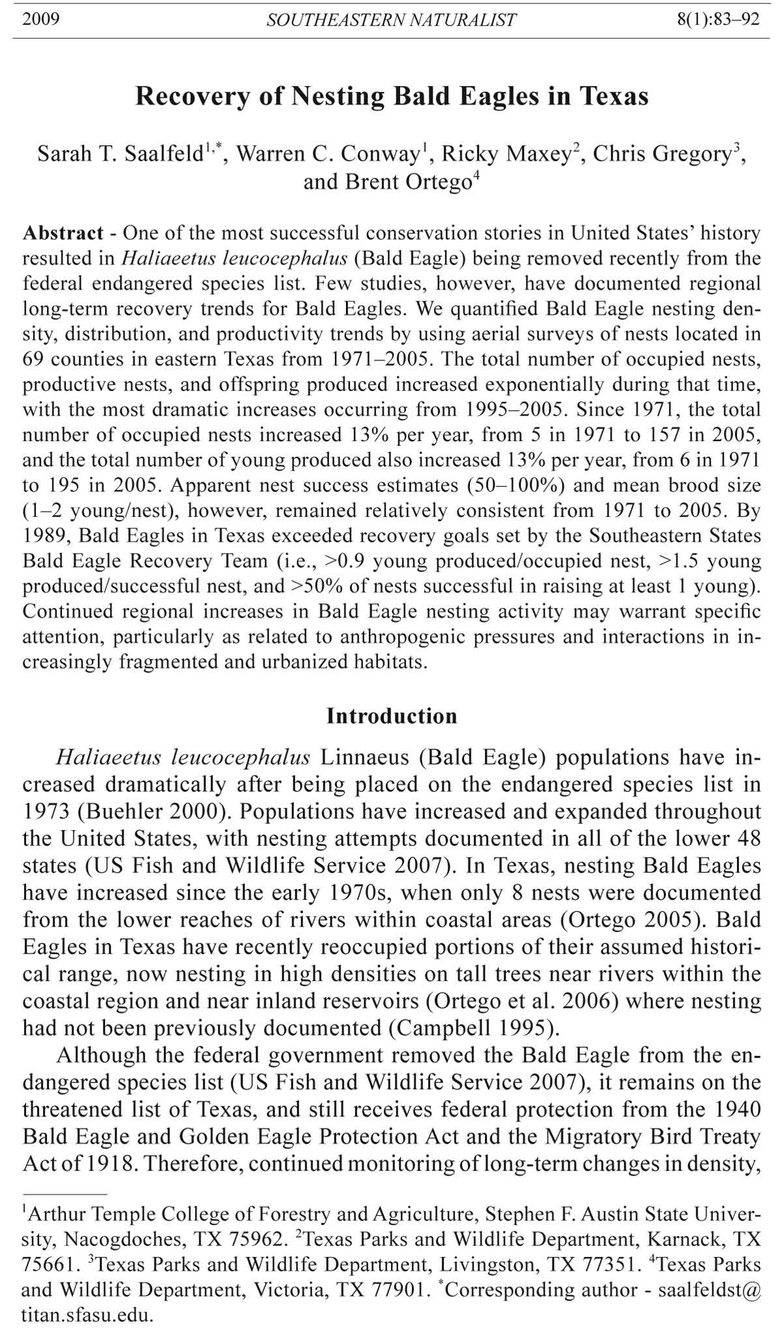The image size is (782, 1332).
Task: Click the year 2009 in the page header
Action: [x=40, y=19]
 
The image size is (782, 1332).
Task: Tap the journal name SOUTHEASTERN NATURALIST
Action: [x=391, y=20]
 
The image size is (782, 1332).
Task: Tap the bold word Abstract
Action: [x=63, y=233]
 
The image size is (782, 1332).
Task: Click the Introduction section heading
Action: [x=391, y=716]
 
